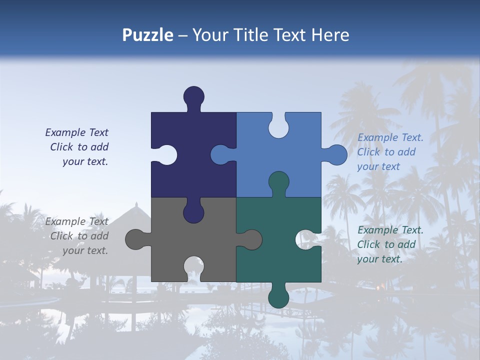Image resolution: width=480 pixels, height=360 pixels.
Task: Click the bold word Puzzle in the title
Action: (148, 35)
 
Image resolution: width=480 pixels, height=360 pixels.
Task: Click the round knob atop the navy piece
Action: (194, 96)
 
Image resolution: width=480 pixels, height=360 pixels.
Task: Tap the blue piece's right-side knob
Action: (336, 155)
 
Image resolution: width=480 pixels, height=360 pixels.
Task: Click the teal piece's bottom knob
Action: (278, 297)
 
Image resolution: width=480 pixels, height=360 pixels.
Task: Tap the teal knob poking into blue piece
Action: (278, 182)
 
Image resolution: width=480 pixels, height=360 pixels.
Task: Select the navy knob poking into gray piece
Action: (193, 212)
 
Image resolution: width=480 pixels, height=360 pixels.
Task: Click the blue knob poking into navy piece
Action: (221, 154)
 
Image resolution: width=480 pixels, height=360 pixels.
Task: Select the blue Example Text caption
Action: (389, 152)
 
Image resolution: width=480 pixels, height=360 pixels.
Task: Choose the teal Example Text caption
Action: (389, 244)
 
